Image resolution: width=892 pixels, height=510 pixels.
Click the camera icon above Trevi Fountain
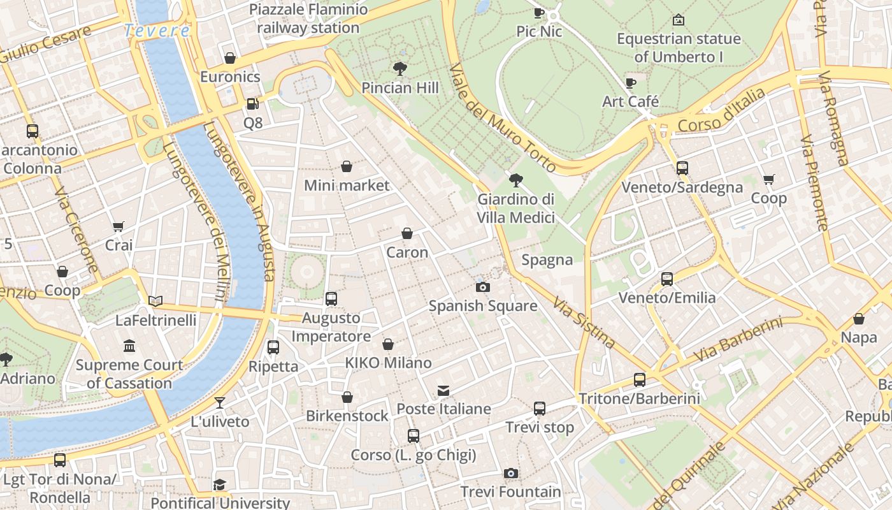pos(510,473)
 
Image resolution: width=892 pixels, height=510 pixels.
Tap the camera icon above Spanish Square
pos(483,287)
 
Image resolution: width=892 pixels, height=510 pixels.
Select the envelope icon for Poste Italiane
pos(443,390)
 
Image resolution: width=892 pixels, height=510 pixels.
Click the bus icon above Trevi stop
pos(540,409)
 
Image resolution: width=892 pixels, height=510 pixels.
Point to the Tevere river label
pos(157,31)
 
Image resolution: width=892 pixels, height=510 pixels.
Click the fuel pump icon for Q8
pos(252,103)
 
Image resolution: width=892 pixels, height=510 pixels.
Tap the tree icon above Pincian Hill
pos(400,68)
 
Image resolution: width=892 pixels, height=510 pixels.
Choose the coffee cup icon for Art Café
pos(631,83)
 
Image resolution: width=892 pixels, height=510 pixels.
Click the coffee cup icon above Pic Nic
pos(539,12)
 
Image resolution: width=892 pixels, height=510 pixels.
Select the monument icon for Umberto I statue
pos(679,20)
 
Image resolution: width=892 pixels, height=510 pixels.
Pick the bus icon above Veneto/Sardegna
pos(682,168)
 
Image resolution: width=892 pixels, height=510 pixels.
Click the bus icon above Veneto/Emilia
pos(667,279)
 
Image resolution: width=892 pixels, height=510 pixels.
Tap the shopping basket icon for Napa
pos(859,319)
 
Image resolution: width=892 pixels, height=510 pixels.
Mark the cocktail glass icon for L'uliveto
pos(220,402)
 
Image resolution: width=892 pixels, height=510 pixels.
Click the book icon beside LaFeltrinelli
pos(155,301)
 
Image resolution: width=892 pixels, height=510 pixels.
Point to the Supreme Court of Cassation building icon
pos(129,346)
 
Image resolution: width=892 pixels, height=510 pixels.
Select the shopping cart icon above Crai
pos(119,226)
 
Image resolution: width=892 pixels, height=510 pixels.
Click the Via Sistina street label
pos(584,323)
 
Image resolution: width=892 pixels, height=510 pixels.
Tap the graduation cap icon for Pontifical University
pos(220,484)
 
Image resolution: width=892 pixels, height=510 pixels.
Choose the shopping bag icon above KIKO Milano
pos(388,344)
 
